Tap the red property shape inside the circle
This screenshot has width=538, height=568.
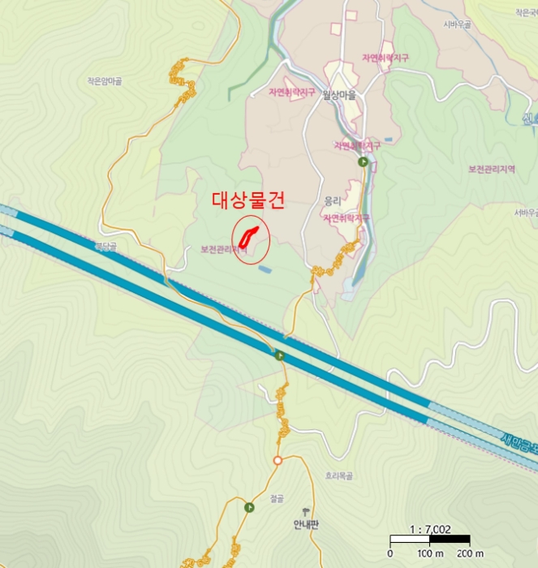click(x=251, y=237)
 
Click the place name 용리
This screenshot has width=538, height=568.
click(x=333, y=200)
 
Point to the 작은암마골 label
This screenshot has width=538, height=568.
click(x=104, y=81)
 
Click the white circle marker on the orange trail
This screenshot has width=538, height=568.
click(x=278, y=460)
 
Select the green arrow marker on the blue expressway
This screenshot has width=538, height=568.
click(x=280, y=355)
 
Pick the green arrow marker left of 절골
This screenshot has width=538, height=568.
click(x=249, y=508)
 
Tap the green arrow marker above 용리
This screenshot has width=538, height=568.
click(x=364, y=162)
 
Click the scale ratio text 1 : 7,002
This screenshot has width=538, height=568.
click(x=430, y=529)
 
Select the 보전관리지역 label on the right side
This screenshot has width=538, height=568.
click(x=492, y=169)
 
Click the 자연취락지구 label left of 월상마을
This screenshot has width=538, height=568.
click(x=291, y=93)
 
